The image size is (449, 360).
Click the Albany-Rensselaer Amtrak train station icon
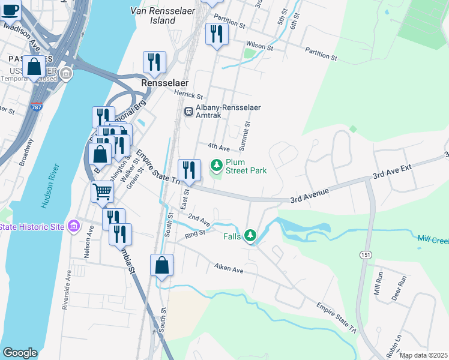188,111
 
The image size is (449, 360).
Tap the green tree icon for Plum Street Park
217,164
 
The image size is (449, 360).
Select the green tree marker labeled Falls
250,236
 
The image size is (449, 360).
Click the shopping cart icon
102,192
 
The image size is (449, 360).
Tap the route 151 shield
365,255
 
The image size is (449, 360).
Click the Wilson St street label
259,45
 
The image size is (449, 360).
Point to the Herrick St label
189,95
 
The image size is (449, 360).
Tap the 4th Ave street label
218,146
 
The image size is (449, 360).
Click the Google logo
19,353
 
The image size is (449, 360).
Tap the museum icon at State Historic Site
73,226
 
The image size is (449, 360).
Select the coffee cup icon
10,10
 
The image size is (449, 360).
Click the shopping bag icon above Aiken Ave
162,265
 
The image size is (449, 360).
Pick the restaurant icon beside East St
189,169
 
